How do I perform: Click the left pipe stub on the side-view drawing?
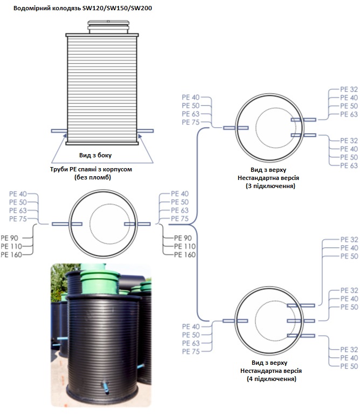click(57, 131)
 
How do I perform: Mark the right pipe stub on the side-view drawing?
click(146, 131)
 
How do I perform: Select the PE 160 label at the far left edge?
click(12, 255)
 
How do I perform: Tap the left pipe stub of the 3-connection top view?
click(235, 128)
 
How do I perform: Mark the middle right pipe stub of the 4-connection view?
click(301, 321)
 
